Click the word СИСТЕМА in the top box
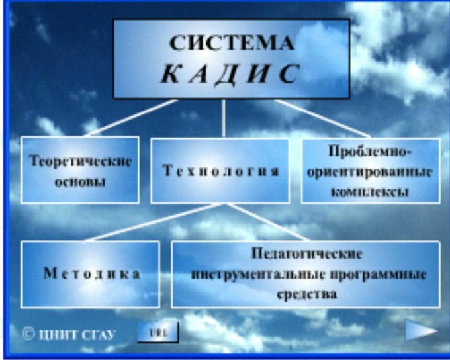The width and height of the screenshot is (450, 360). [x=232, y=43]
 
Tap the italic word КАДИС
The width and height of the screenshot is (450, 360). [x=230, y=73]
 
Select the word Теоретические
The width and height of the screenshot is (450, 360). [x=81, y=161]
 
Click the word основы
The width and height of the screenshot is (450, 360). [x=80, y=182]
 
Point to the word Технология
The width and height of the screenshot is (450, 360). [x=220, y=171]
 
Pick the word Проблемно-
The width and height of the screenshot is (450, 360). [x=370, y=152]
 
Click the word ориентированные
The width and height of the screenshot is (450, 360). [x=370, y=172]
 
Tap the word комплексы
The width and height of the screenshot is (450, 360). [x=370, y=191]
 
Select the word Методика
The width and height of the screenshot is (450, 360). [x=92, y=273]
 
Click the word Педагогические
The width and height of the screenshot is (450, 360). [x=306, y=254]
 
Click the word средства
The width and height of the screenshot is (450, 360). [x=306, y=294]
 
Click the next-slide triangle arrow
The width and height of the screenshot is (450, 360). [x=420, y=331]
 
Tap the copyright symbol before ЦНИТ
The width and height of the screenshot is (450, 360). [x=28, y=334]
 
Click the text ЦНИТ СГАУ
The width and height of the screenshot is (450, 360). [x=77, y=335]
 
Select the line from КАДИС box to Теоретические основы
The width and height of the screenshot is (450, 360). [x=130, y=118]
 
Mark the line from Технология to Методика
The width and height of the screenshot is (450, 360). [x=153, y=222]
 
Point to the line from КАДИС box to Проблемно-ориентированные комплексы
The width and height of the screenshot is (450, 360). [x=323, y=118]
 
